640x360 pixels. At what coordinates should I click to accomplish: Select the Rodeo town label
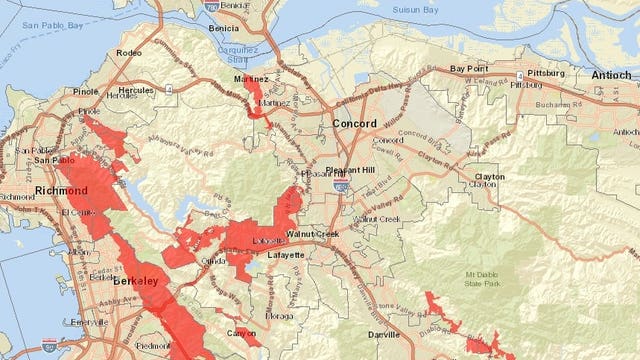coord(128,53)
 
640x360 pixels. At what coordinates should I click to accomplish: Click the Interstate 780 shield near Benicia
coord(211,5)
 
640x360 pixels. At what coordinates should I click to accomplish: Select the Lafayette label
coord(287,255)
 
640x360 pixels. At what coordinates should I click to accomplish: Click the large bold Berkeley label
coord(135,283)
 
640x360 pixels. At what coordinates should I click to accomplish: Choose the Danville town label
coord(383,334)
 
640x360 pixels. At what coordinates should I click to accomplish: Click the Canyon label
coord(241,334)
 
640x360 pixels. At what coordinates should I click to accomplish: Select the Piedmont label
coord(152,345)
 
